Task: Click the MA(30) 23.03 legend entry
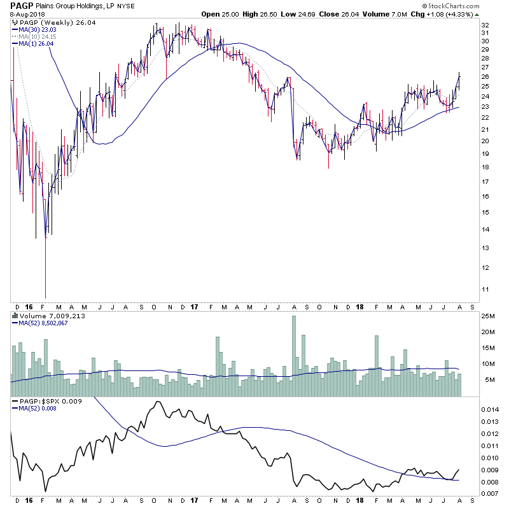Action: (38, 29)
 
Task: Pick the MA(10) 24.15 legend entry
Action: (38, 36)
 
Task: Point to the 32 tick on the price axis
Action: (484, 25)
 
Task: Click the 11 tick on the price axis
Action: (484, 290)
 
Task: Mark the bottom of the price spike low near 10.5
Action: (45, 296)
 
